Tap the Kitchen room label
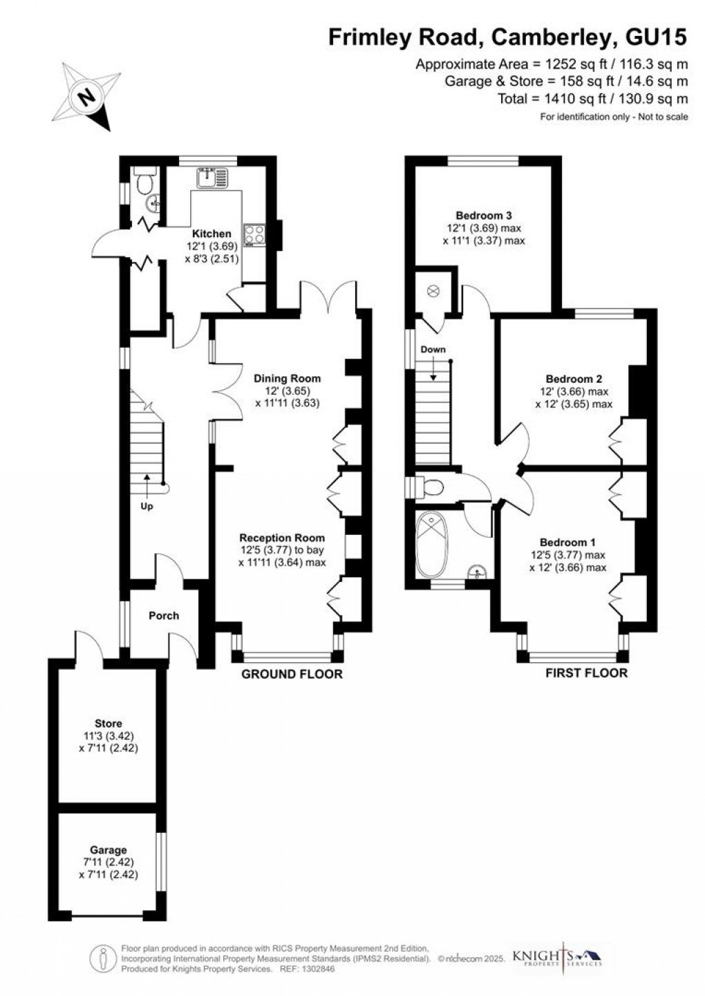[211, 234]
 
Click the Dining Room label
[287, 378]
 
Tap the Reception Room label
[282, 538]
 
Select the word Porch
[164, 615]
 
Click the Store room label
[109, 724]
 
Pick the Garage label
[109, 849]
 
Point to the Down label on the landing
[433, 350]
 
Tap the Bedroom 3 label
[484, 215]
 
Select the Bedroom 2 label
[574, 379]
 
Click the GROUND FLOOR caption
[291, 674]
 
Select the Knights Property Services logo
[556, 957]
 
